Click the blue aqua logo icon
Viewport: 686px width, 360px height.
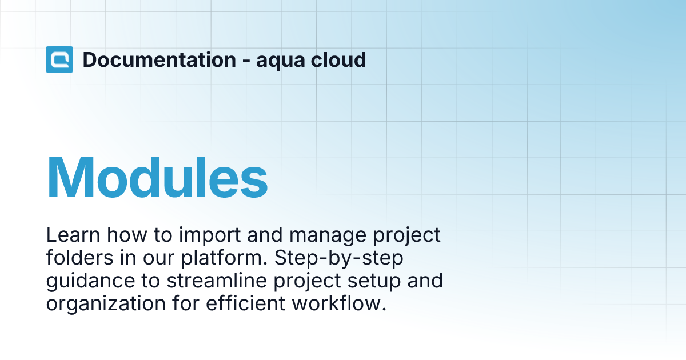59,59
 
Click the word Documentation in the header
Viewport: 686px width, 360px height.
159,59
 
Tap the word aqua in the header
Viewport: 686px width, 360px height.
281,61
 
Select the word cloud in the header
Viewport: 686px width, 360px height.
338,59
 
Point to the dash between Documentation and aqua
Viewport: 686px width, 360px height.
246,62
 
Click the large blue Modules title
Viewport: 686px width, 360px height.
157,178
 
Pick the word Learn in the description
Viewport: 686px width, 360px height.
73,235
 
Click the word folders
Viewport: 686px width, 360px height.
79,258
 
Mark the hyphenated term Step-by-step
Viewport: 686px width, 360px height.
338,259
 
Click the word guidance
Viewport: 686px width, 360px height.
90,282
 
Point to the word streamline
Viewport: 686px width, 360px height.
217,281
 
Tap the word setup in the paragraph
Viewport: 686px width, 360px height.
374,282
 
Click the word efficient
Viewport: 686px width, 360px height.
246,303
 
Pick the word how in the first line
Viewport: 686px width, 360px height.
127,235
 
